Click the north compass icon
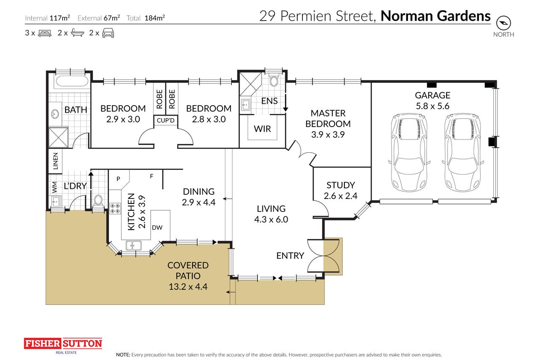503,23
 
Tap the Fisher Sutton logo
63,346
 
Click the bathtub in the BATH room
72,81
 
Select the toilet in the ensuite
274,80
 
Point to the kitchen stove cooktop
115,209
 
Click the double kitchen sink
134,246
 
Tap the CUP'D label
166,120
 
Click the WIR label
262,129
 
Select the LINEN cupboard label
56,161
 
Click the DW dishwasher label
157,228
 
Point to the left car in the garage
409,153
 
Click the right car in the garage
463,153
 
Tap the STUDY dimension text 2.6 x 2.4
340,196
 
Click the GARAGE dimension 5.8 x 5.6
432,106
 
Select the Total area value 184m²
154,18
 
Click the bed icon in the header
45,33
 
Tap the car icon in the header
108,33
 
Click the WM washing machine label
55,187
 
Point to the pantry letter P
118,179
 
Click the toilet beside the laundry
98,201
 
